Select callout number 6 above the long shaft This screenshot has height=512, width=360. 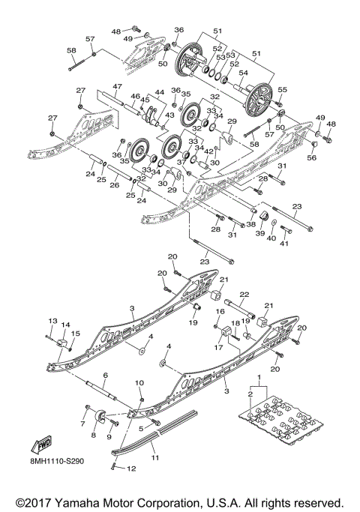pyautogui.click(x=105, y=375)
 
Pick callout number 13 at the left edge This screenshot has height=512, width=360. pyautogui.click(x=52, y=320)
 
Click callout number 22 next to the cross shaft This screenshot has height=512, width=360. pyautogui.click(x=243, y=295)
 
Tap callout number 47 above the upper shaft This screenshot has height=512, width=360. pyautogui.click(x=117, y=87)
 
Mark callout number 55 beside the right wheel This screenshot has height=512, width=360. pyautogui.click(x=283, y=89)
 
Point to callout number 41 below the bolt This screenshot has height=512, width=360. pyautogui.click(x=284, y=244)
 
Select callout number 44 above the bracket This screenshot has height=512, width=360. pyautogui.click(x=159, y=92)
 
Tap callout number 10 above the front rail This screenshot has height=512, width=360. pyautogui.click(x=139, y=383)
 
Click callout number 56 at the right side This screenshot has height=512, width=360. pyautogui.click(x=312, y=157)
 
